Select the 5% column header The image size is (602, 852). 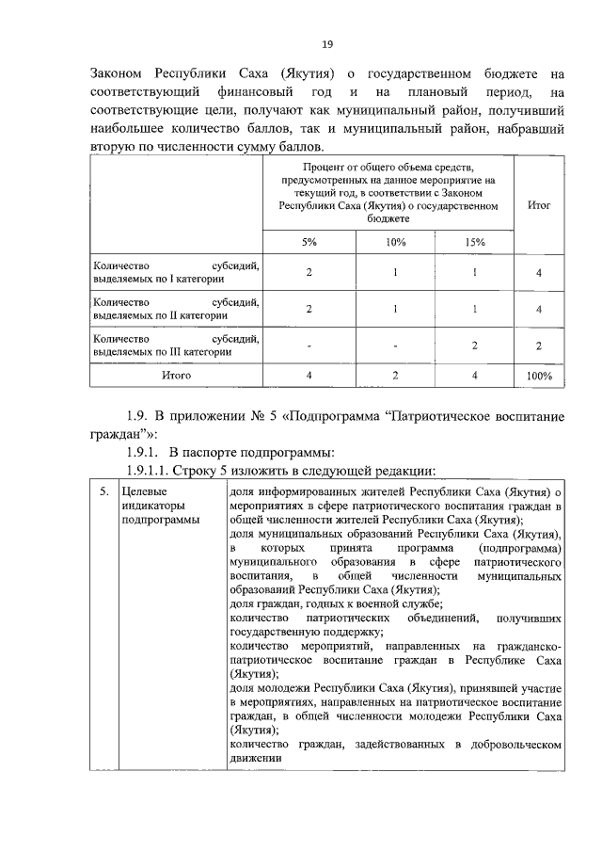pyautogui.click(x=309, y=242)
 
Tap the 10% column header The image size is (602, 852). pyautogui.click(x=395, y=242)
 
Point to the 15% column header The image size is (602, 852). pyautogui.click(x=475, y=242)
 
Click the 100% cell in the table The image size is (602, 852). pyautogui.click(x=539, y=376)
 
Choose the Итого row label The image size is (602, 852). pyautogui.click(x=176, y=375)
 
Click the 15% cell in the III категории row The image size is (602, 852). pyautogui.click(x=475, y=346)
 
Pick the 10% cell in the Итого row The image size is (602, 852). pyautogui.click(x=395, y=375)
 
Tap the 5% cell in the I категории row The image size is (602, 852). pyautogui.click(x=309, y=273)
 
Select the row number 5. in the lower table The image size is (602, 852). pyautogui.click(x=103, y=492)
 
